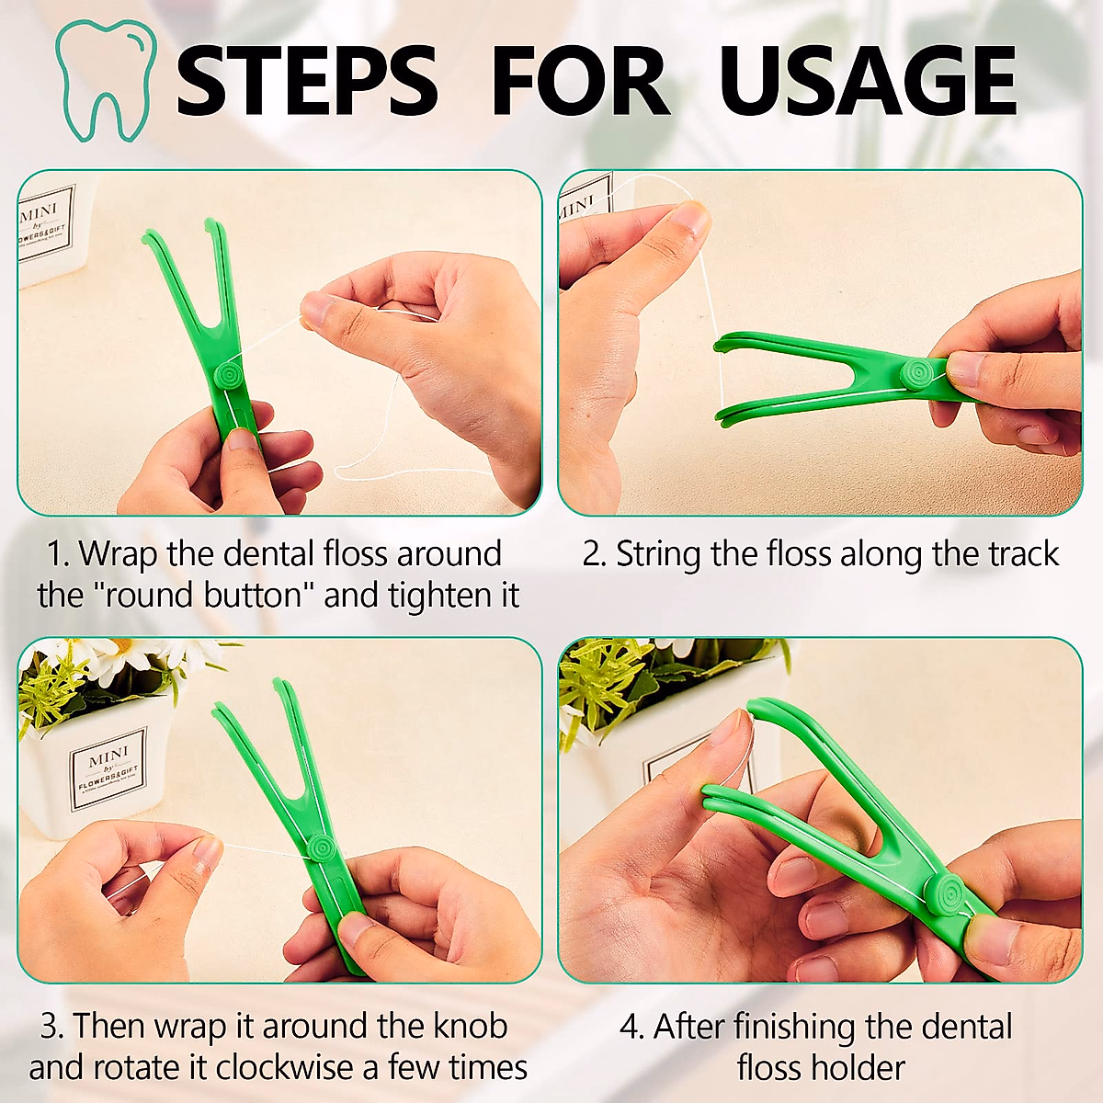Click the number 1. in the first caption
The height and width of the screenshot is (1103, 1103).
click(x=59, y=554)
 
